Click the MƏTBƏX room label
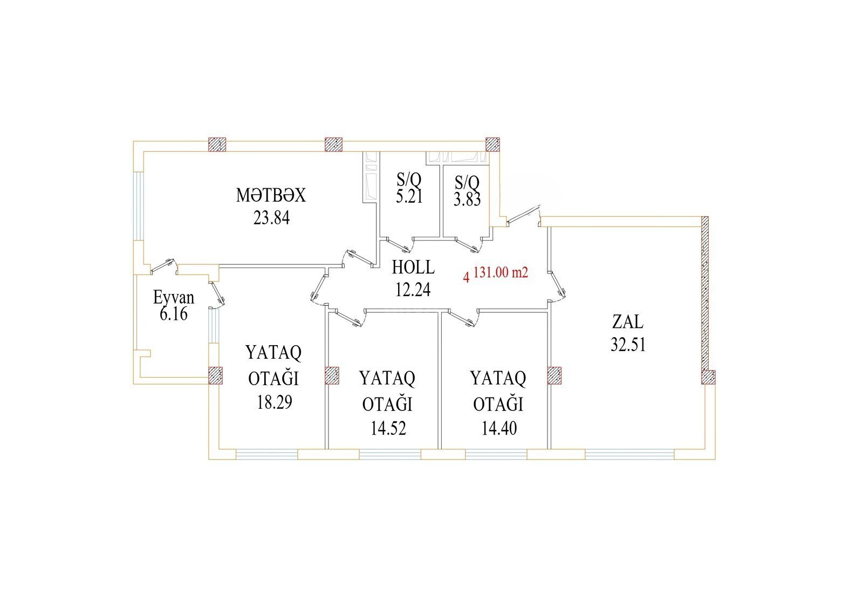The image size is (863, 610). tap(271, 195)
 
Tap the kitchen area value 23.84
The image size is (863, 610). tap(271, 218)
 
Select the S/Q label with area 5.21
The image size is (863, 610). tap(409, 180)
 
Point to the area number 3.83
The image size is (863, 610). tap(467, 200)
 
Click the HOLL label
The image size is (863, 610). tap(413, 267)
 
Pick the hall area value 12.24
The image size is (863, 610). tap(413, 290)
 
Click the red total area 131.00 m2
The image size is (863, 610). tap(501, 273)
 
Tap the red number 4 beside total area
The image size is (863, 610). tap(467, 277)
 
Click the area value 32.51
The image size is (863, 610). tap(628, 345)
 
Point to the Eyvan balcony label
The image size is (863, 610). tap(174, 298)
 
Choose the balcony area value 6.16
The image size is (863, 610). tap(174, 314)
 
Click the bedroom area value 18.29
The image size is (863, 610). tap(275, 403)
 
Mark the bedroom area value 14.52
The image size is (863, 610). tap(388, 428)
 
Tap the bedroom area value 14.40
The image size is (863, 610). tap(499, 428)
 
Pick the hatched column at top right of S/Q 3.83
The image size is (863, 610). tap(492, 144)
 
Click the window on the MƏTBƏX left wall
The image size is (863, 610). tap(139, 206)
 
